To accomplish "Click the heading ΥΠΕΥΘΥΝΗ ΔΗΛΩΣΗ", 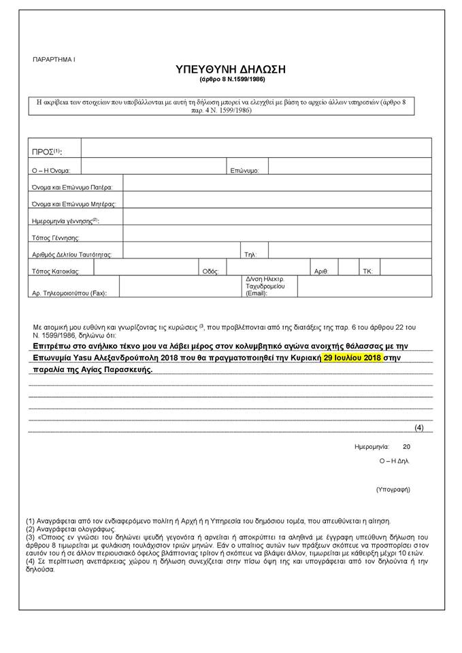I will [x=231, y=70].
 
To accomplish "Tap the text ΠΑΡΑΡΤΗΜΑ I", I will [x=54, y=60].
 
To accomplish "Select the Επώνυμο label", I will [x=244, y=170].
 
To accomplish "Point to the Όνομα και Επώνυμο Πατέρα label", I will [x=72, y=186].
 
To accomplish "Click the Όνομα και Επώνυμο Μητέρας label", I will [x=73, y=203].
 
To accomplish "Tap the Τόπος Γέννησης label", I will [x=56, y=238].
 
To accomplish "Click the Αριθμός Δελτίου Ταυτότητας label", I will [x=71, y=254].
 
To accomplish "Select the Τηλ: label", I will [x=250, y=254].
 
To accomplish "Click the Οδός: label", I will [x=210, y=271].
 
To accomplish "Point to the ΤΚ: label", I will [x=367, y=271].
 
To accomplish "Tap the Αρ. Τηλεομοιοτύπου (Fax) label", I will [x=74, y=293].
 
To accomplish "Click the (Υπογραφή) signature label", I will [x=393, y=489].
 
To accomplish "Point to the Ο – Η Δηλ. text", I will [x=395, y=461].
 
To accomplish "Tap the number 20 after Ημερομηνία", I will [x=407, y=447].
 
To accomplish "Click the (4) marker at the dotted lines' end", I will [x=419, y=427].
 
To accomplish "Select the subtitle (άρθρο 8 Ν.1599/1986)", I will [x=231, y=80].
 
